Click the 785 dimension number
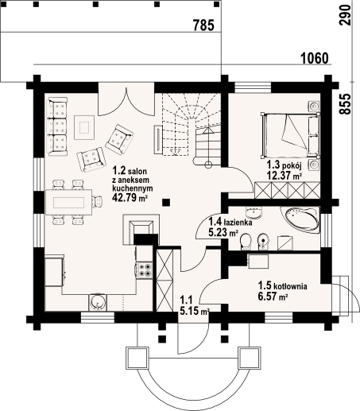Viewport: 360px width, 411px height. (203, 25)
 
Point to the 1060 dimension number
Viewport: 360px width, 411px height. (315, 58)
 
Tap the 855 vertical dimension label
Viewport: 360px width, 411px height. (345, 104)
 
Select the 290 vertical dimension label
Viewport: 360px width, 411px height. (345, 15)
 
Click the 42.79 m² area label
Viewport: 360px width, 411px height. (130, 197)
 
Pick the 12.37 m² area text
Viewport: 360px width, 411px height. (285, 176)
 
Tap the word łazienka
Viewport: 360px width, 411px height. (238, 223)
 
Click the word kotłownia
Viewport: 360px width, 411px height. (290, 286)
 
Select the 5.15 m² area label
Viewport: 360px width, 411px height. (195, 312)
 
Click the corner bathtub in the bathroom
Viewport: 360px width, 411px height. (300, 219)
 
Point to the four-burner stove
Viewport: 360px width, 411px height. (145, 270)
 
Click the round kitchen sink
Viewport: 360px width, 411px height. (98, 302)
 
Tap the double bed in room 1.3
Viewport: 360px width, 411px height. (290, 134)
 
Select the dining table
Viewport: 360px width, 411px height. (69, 202)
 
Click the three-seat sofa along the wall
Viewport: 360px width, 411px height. (57, 126)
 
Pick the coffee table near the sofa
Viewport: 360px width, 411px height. (84, 127)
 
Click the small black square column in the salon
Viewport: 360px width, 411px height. (166, 203)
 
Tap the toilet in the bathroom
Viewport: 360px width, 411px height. (246, 242)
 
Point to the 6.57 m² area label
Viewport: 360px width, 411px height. (273, 296)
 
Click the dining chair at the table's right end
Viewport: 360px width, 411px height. (97, 202)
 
